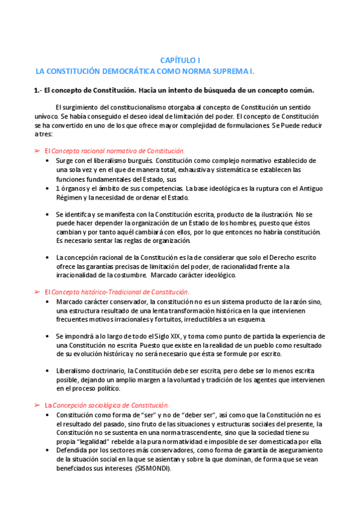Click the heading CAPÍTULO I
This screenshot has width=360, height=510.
(x=180, y=60)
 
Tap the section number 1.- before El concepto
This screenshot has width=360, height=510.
(x=38, y=91)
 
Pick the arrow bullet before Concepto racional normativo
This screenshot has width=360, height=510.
(x=37, y=150)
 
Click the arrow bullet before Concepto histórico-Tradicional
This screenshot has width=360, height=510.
(x=37, y=292)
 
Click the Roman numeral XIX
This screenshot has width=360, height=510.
(x=171, y=336)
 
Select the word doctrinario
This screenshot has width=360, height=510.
(x=105, y=370)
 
